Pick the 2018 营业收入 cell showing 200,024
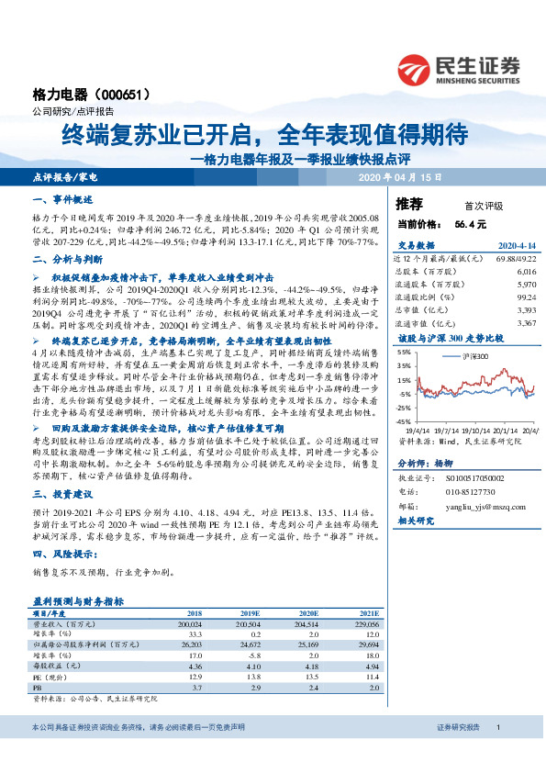(193, 622)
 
